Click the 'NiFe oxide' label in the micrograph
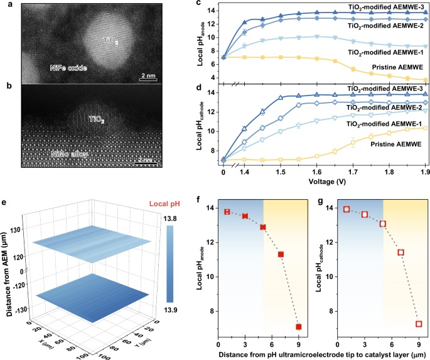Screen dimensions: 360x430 [x=68, y=67]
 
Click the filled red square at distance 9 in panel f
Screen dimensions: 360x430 [x=299, y=327]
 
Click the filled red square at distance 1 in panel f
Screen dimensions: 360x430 [x=227, y=212]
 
